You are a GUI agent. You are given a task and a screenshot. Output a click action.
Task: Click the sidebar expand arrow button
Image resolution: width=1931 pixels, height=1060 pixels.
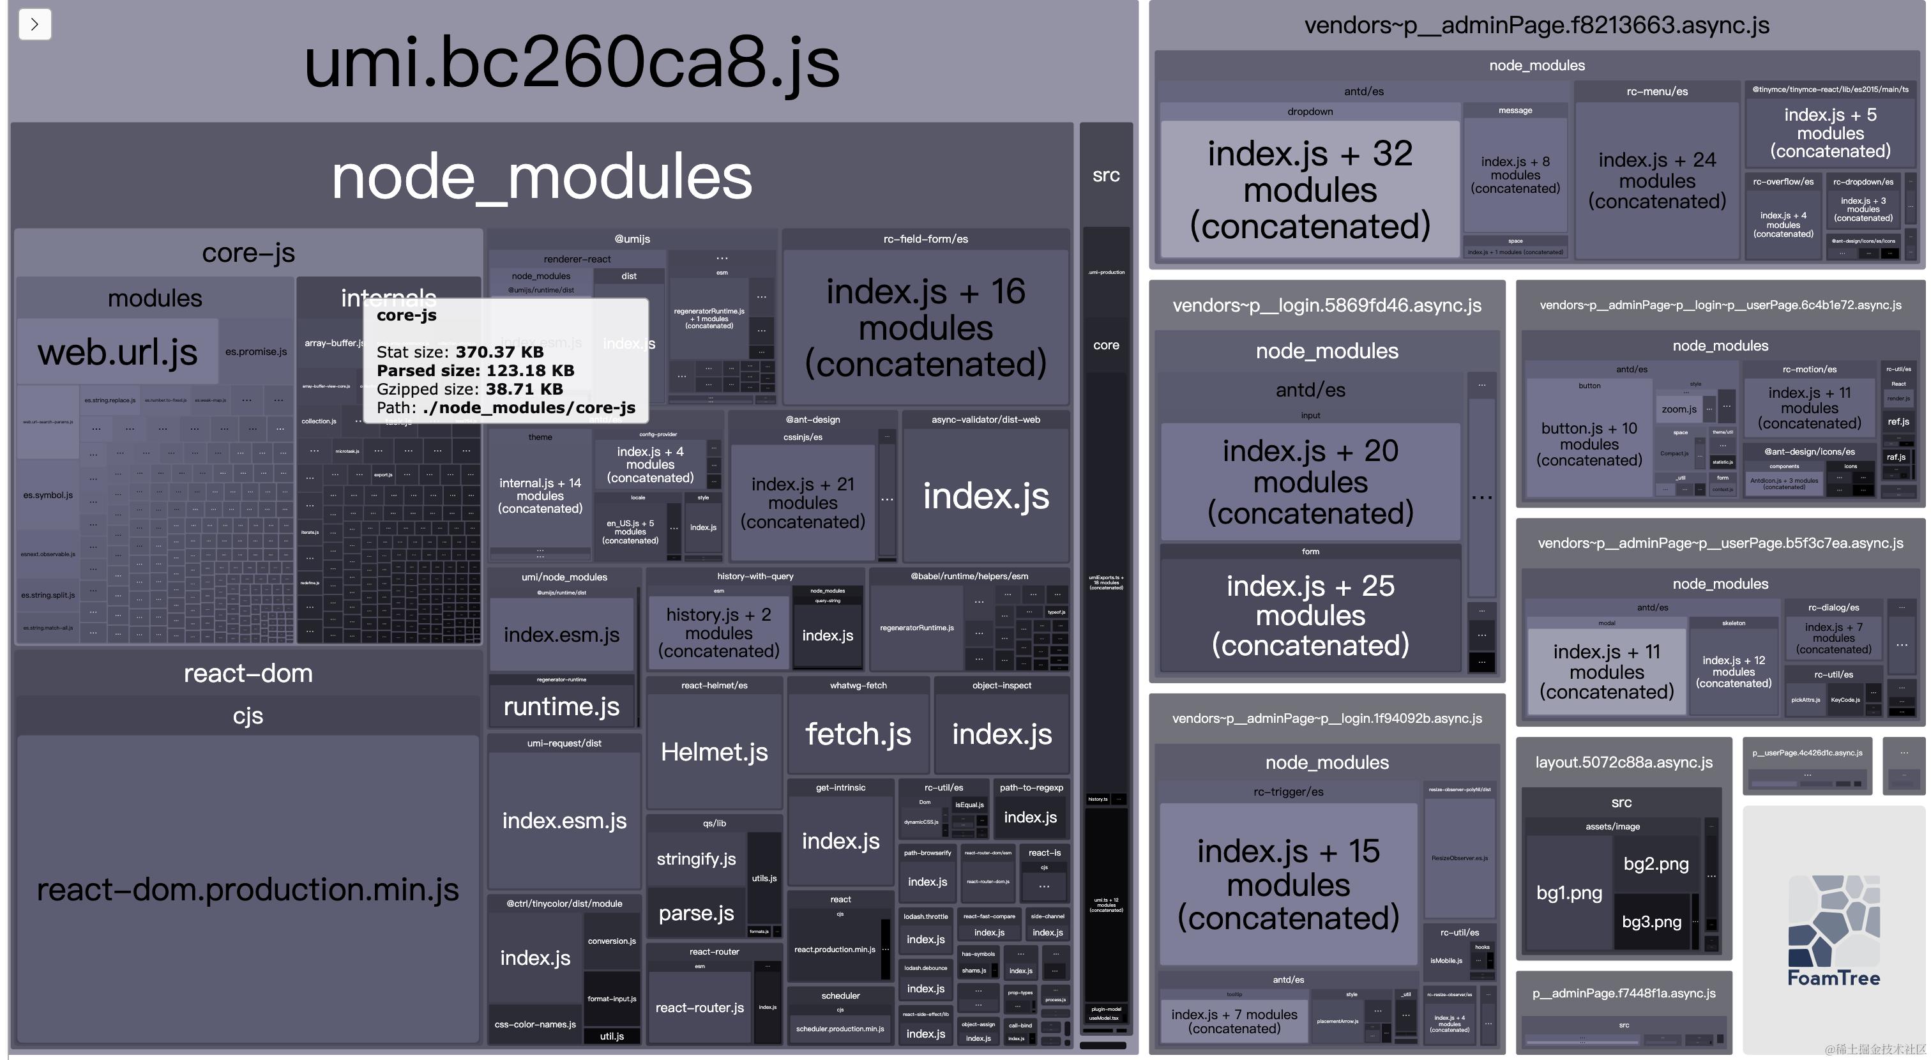click(x=34, y=24)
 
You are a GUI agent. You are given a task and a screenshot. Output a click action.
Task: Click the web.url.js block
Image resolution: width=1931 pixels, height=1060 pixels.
click(x=117, y=352)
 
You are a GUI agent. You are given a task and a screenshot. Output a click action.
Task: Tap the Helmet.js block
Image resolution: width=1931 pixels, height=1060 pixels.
click(x=714, y=751)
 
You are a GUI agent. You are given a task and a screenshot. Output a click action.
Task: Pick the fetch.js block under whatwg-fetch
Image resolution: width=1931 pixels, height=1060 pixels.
click(x=858, y=734)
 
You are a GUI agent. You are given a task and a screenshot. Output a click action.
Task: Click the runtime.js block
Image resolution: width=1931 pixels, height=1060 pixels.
click(x=561, y=706)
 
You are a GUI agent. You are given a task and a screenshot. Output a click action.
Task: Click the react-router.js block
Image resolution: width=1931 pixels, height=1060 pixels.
click(x=699, y=1008)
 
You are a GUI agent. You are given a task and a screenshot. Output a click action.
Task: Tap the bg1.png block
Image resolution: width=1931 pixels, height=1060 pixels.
click(x=1568, y=893)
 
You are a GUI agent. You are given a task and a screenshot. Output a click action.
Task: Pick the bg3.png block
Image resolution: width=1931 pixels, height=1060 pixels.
click(x=1651, y=922)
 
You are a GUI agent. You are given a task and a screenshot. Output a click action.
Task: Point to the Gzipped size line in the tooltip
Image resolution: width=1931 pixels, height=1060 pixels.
click(x=469, y=389)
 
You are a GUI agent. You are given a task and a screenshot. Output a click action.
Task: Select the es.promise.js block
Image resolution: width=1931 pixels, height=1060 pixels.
click(x=255, y=352)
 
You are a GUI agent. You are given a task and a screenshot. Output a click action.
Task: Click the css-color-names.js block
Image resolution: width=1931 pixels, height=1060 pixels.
click(x=534, y=1024)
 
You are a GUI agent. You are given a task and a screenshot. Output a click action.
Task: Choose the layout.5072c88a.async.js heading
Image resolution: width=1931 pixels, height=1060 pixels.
click(x=1624, y=762)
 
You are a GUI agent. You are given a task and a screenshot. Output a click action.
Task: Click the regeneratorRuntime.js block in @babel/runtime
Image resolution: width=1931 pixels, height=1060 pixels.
click(x=916, y=628)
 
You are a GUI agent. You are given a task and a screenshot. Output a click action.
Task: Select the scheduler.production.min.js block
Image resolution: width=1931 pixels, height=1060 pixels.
click(x=840, y=1029)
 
